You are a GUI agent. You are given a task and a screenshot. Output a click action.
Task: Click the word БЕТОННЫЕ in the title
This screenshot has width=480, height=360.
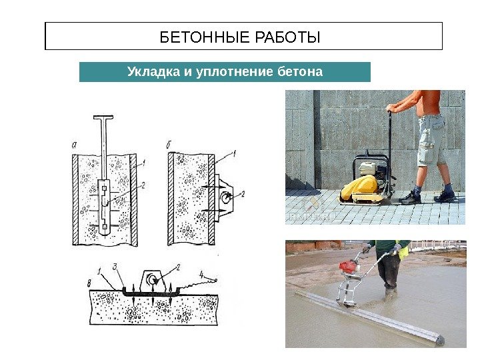[205, 37]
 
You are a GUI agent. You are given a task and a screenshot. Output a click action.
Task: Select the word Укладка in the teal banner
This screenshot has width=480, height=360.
[153, 72]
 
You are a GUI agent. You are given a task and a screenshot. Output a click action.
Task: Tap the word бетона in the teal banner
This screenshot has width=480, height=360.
[300, 72]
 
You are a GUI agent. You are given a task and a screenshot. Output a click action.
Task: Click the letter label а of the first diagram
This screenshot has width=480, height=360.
[74, 145]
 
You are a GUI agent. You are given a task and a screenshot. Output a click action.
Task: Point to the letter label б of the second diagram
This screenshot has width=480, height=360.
[169, 144]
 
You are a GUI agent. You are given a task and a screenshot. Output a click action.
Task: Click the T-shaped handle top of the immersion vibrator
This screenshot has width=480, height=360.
[103, 117]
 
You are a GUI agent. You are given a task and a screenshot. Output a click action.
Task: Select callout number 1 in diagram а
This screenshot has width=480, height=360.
[143, 163]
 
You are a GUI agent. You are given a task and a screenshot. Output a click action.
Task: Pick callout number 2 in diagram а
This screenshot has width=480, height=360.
[143, 185]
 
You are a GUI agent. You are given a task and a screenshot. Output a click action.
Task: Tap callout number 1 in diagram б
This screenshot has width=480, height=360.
[234, 153]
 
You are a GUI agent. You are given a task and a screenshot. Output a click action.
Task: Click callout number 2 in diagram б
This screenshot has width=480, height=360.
[243, 194]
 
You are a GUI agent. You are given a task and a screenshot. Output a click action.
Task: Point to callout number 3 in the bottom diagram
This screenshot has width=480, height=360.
[115, 267]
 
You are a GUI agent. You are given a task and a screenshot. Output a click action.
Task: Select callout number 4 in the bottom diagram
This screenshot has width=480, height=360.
[201, 274]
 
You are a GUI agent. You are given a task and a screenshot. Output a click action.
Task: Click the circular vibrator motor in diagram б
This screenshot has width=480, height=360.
[226, 197]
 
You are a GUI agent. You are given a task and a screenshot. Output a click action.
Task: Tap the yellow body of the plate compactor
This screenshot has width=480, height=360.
[360, 187]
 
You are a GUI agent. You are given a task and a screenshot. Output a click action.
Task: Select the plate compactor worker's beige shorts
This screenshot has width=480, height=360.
[431, 140]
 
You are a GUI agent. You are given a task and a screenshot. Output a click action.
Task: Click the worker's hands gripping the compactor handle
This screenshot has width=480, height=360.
[391, 109]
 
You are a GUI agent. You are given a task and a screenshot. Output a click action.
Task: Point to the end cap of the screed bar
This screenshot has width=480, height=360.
[440, 341]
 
